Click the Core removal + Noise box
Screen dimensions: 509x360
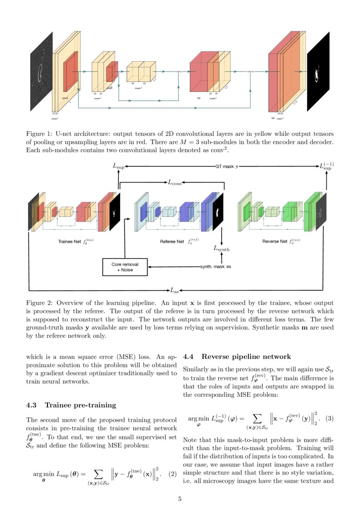point(125,267)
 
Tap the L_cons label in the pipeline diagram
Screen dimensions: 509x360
point(175,183)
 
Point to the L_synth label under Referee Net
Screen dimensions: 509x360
point(221,249)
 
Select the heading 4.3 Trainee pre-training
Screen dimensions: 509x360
point(71,405)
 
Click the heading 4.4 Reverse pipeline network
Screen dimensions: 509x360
point(237,357)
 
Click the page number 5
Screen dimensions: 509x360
point(180,499)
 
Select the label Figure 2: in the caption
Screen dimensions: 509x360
point(39,303)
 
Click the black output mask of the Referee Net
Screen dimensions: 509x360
point(218,212)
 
